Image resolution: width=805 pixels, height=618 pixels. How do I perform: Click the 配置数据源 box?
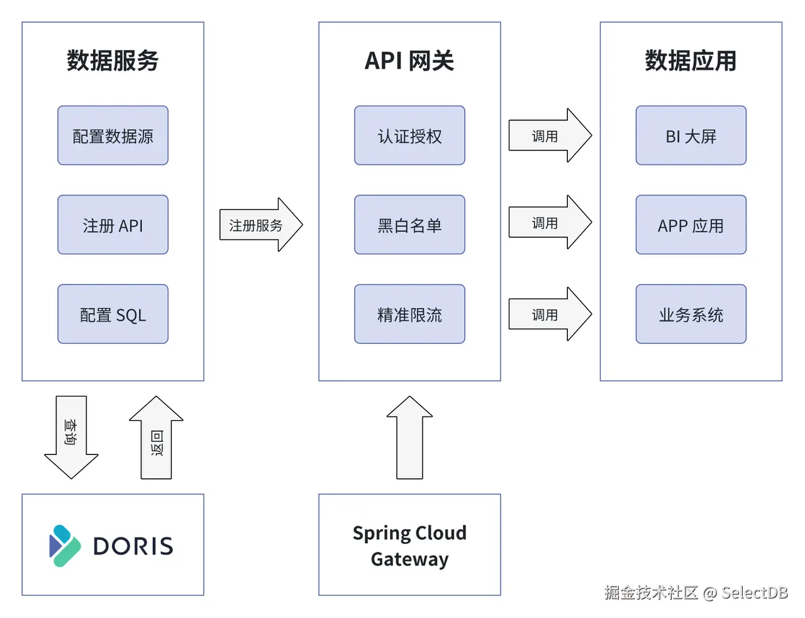(x=113, y=135)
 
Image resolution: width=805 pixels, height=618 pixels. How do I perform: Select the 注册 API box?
(x=113, y=225)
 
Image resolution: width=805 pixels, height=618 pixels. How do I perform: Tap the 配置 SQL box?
(x=113, y=314)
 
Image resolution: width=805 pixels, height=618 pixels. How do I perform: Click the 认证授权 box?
(x=409, y=135)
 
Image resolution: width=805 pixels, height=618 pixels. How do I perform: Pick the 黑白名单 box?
(x=409, y=225)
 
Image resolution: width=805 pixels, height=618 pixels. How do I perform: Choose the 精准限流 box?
(x=409, y=314)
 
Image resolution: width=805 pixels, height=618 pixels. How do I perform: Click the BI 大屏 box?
(x=691, y=135)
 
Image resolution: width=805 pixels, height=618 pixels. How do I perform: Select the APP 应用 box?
(x=691, y=225)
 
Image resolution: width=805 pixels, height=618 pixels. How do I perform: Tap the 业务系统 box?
(x=691, y=314)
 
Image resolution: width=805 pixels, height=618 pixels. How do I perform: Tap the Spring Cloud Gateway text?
(x=409, y=545)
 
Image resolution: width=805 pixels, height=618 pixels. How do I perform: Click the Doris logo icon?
(x=64, y=545)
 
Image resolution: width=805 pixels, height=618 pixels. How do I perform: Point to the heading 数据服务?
(x=113, y=60)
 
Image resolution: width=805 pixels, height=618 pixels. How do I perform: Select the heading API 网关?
(x=409, y=60)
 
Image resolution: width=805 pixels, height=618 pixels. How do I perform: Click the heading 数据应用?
(x=691, y=60)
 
